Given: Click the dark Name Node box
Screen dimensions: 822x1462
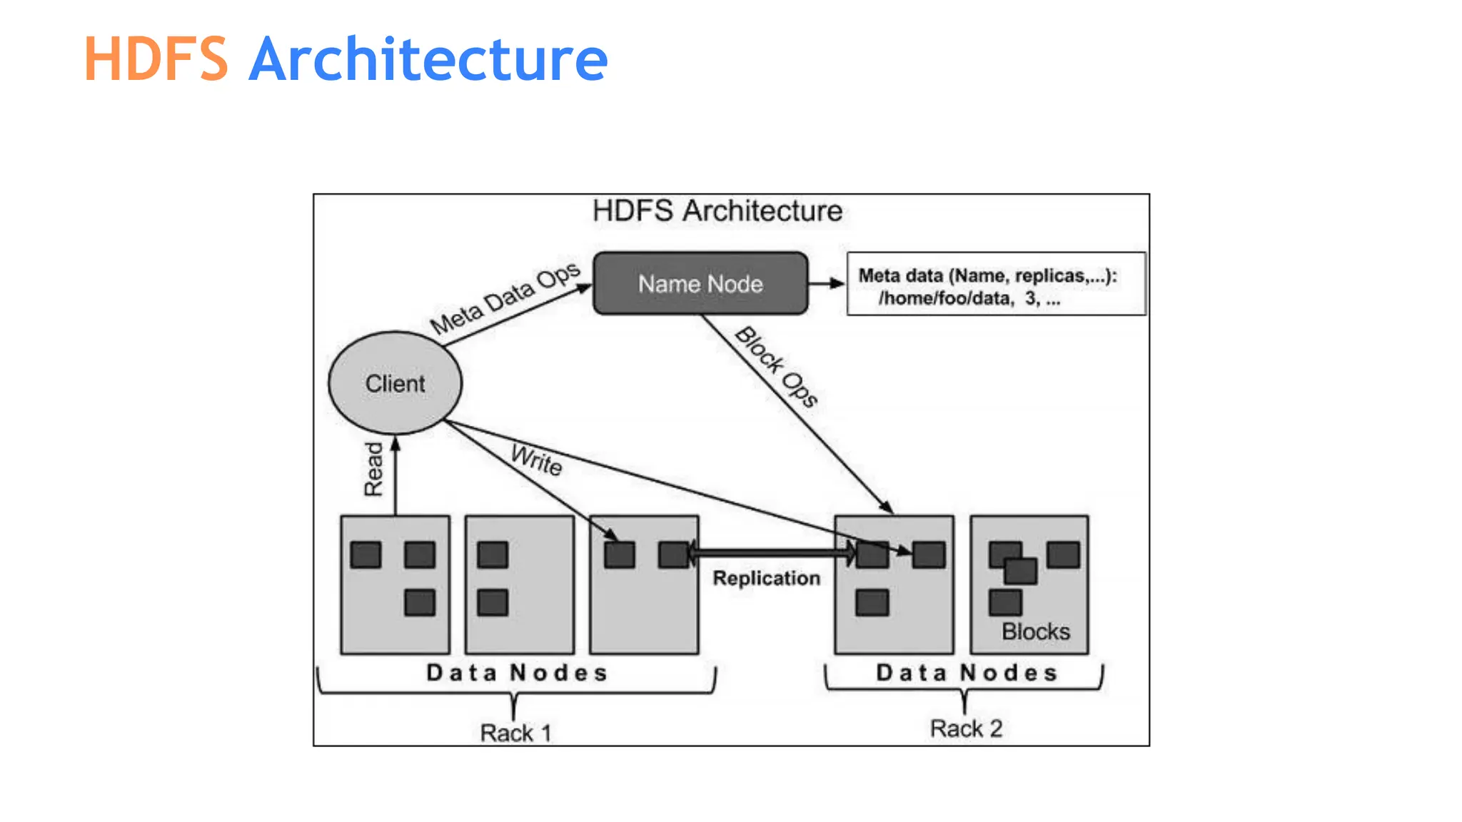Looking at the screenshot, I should [x=700, y=283].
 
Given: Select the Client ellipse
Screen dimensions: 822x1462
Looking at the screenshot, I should [x=395, y=383].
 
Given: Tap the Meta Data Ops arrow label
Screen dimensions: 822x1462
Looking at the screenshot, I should [x=505, y=298].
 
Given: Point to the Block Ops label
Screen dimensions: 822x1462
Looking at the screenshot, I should [x=776, y=367].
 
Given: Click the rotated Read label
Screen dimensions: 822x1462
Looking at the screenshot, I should [x=373, y=469].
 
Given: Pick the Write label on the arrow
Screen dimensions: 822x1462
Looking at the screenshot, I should [x=537, y=460].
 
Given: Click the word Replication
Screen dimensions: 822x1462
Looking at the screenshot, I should [x=766, y=578].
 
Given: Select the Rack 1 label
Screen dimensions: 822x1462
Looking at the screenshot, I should [x=515, y=733].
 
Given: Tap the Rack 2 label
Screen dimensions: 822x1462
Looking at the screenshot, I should [x=966, y=729].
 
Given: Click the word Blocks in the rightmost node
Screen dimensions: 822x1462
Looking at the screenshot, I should [x=1035, y=631].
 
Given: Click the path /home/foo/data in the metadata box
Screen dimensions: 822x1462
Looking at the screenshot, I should [x=946, y=298].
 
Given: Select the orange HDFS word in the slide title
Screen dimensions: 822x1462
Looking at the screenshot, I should [x=156, y=59].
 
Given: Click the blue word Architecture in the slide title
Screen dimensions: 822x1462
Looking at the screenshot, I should [x=428, y=59].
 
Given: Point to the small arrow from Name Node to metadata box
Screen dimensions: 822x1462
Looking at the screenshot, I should [x=827, y=283].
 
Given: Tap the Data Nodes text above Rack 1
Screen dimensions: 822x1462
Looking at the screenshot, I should [x=517, y=673].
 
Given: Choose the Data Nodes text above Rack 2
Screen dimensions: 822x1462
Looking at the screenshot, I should [x=967, y=673].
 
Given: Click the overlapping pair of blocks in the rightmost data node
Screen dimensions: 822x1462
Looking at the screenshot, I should [x=1013, y=563].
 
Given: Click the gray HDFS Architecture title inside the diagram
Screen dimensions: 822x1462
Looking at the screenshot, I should [x=717, y=211].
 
